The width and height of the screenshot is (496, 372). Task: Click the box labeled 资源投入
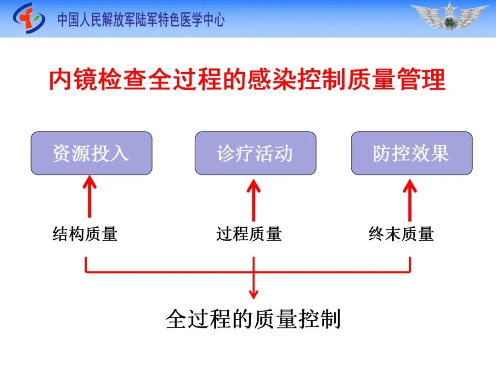(x=91, y=153)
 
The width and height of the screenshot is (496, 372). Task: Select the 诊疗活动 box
(x=255, y=153)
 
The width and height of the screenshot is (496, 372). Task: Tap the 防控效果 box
(x=411, y=153)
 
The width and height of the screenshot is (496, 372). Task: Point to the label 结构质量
(x=85, y=234)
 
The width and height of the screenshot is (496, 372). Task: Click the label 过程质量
(x=249, y=234)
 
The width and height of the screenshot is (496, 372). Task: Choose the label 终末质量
(x=401, y=234)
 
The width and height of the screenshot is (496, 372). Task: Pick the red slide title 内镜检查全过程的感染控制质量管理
(x=248, y=80)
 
